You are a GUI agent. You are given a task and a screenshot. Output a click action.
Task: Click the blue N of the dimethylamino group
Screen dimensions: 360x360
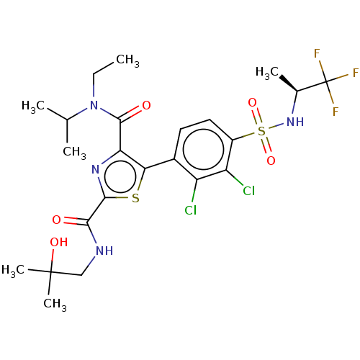[x=94, y=106]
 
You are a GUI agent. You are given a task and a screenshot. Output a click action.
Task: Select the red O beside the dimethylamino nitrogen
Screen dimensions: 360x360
[x=146, y=106]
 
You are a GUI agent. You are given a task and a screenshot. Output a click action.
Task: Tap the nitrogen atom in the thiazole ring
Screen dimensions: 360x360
[x=95, y=171]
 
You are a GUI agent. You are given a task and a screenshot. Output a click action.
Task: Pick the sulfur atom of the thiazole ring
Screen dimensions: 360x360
[x=135, y=199]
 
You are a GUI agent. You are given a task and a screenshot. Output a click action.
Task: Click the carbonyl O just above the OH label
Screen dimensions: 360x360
[x=56, y=220]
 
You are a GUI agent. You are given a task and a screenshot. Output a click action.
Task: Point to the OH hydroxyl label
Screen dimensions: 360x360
[x=58, y=243]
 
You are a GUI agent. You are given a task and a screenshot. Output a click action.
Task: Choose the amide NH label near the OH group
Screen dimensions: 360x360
[x=104, y=251]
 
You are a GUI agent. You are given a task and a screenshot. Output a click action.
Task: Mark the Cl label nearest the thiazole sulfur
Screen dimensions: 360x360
[x=190, y=210]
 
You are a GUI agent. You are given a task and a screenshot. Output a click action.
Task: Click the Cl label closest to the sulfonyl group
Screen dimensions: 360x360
[x=248, y=191]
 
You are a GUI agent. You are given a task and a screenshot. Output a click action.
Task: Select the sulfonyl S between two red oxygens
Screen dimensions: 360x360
[x=261, y=131]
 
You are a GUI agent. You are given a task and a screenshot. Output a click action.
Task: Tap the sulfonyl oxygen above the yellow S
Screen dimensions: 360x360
[x=252, y=103]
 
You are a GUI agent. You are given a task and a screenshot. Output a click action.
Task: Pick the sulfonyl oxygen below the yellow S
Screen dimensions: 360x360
[x=271, y=161]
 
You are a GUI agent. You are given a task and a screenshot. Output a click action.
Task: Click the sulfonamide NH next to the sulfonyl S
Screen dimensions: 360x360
[x=295, y=122]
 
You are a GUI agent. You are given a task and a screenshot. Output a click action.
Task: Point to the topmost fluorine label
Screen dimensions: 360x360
[x=317, y=54]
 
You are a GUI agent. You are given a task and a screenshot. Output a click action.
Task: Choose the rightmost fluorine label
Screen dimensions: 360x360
[x=355, y=73]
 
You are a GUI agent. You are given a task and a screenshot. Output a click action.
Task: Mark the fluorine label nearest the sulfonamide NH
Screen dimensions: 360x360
[x=336, y=112]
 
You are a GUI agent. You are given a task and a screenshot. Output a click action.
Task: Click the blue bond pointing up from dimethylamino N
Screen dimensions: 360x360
[x=94, y=92]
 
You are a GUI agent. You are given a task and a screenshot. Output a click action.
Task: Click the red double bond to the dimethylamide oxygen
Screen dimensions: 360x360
[x=134, y=111]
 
